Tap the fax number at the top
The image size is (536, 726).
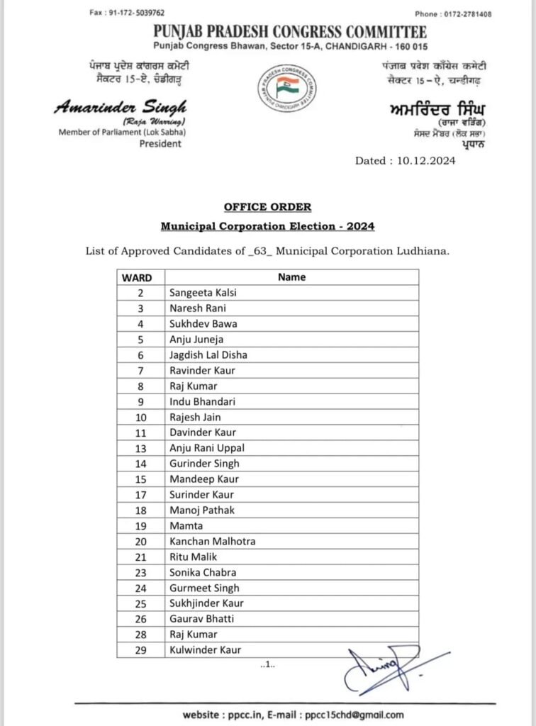[118, 13]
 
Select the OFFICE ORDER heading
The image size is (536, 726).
[267, 206]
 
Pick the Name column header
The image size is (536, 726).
[291, 277]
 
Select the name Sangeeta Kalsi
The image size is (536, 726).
[196, 293]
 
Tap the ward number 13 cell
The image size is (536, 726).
[140, 448]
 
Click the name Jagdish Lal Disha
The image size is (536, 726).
[208, 354]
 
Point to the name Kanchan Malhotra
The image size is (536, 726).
[212, 541]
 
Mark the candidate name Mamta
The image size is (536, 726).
[186, 525]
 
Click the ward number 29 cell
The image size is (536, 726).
[140, 650]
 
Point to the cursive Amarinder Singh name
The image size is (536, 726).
[120, 107]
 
